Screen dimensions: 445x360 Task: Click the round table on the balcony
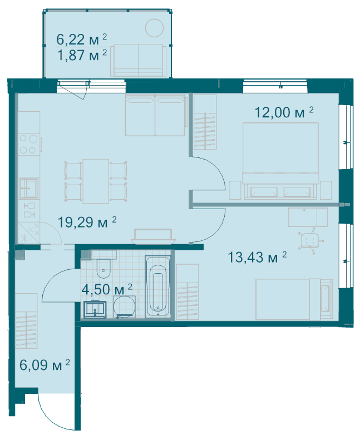click(154, 27)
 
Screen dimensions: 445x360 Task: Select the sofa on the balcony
click(139, 61)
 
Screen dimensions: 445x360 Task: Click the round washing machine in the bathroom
click(125, 307)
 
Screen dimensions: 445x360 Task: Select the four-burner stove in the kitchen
click(28, 144)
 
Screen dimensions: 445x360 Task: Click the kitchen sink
click(28, 187)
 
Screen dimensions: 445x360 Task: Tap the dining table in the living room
click(96, 181)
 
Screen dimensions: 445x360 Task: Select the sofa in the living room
click(155, 115)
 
